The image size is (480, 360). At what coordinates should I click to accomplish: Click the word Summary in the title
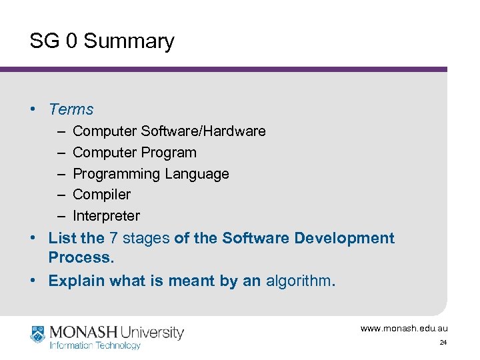click(x=129, y=41)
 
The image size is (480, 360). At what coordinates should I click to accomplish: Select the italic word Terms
click(x=71, y=109)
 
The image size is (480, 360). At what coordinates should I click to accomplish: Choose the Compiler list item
click(x=101, y=195)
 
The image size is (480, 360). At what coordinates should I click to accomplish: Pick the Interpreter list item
click(x=106, y=216)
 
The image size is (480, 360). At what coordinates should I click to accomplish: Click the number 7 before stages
click(x=114, y=238)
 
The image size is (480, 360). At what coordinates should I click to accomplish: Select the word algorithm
click(x=300, y=281)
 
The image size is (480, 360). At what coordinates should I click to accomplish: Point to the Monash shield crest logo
click(x=37, y=333)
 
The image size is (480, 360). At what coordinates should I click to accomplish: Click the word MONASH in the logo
click(x=83, y=332)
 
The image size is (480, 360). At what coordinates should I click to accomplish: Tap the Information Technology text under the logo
click(x=95, y=345)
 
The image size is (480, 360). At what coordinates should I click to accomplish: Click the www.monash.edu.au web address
click(x=404, y=328)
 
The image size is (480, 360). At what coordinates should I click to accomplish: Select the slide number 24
click(x=443, y=343)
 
